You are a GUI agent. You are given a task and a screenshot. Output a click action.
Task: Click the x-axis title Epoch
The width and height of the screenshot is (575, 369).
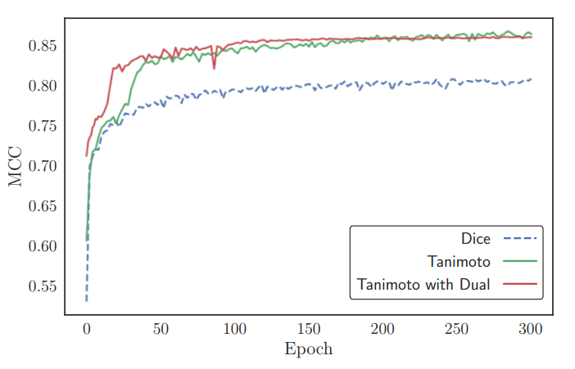click(x=308, y=349)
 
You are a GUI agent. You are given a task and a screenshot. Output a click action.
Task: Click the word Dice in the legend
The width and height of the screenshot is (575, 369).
click(x=476, y=239)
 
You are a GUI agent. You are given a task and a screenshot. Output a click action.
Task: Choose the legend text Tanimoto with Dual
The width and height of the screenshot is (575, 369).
click(x=423, y=285)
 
